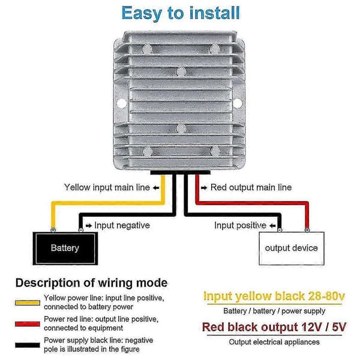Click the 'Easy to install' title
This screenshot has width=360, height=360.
[181, 13]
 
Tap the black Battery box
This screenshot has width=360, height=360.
[65, 248]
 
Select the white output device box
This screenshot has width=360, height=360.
[292, 248]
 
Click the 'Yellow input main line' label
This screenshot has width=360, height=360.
[107, 187]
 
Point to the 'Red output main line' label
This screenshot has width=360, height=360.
[251, 187]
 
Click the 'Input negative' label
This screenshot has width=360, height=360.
[122, 225]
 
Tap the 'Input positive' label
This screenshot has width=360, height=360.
[240, 225]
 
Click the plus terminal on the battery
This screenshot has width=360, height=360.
[53, 230]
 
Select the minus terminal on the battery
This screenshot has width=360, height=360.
[80, 230]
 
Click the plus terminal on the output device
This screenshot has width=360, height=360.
[307, 230]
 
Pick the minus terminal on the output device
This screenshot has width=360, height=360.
[280, 230]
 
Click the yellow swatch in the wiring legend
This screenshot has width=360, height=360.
[28, 302]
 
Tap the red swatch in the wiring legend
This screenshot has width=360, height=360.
[28, 324]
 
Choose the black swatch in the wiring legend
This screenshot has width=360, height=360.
[28, 345]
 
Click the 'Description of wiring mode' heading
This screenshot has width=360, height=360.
[91, 283]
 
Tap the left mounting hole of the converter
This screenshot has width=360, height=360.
[121, 103]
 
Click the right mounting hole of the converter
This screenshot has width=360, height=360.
[238, 103]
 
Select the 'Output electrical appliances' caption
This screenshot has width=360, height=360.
[274, 342]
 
